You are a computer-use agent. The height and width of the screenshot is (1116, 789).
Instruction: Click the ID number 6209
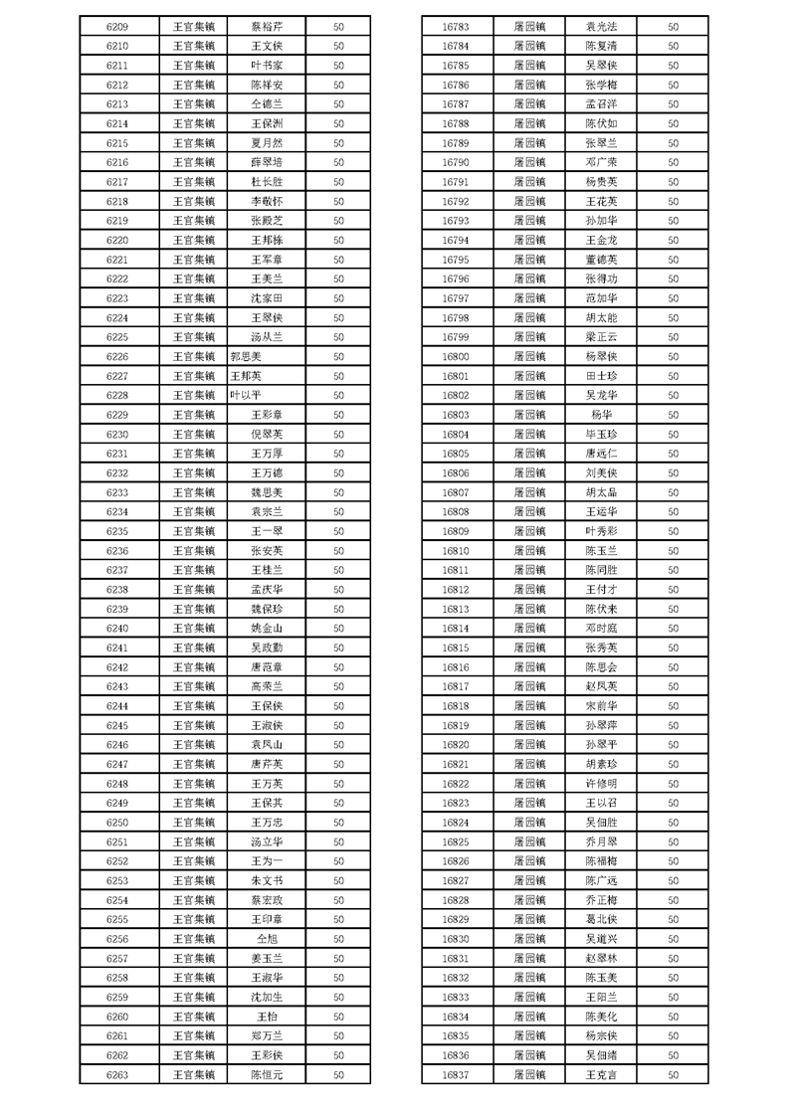tap(116, 27)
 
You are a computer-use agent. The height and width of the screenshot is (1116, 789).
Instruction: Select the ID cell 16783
tap(455, 27)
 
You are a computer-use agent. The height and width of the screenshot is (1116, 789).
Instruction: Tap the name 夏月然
tap(267, 143)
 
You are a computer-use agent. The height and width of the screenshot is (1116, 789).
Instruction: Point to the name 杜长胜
tap(267, 182)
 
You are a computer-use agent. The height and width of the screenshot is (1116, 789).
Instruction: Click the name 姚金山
tap(267, 629)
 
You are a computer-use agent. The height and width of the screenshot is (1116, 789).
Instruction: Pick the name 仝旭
tap(267, 939)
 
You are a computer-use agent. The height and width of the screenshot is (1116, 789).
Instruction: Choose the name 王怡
tap(267, 1017)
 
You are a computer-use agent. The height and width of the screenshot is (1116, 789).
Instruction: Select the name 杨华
tap(602, 415)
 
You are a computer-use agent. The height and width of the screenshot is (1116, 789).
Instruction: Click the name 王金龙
tap(602, 241)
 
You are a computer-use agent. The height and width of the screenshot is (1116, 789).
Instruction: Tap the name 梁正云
tap(602, 337)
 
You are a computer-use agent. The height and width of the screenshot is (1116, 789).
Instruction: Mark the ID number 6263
tap(116, 1075)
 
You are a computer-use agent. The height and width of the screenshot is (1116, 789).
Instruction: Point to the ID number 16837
tap(455, 1075)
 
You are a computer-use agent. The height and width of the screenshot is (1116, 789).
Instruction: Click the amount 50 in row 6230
tap(338, 435)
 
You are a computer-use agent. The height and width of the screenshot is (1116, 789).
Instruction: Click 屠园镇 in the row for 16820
tap(529, 745)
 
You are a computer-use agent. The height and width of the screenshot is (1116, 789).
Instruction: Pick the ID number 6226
tap(116, 357)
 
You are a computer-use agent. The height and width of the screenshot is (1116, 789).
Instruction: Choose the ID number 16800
tap(455, 357)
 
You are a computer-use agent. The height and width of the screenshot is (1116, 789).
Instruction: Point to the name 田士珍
tap(602, 376)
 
